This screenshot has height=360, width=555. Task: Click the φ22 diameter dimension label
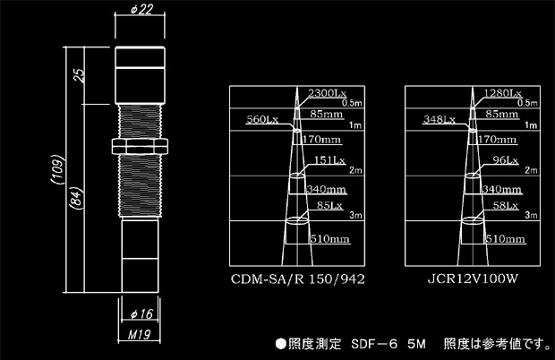(142, 10)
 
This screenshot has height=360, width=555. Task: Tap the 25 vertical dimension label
(80, 74)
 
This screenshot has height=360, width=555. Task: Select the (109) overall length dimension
(57, 169)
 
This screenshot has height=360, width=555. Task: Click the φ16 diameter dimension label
(141, 313)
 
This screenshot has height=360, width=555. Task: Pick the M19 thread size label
(139, 334)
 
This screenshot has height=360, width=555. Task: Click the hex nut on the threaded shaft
(140, 146)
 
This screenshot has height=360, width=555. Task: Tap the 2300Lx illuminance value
(328, 93)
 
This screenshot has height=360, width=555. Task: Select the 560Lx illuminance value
(262, 119)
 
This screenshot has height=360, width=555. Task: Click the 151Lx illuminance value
(329, 160)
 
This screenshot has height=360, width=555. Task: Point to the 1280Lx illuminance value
(502, 93)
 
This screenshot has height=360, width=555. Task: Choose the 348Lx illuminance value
(440, 119)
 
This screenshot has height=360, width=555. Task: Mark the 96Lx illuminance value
(506, 160)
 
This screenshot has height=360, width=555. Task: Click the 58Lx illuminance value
(506, 205)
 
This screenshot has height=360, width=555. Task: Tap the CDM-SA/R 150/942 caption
(298, 279)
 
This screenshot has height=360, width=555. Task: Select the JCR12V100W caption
(473, 279)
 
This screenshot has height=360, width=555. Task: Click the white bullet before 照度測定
(281, 344)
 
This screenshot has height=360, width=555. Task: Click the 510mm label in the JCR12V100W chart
(505, 239)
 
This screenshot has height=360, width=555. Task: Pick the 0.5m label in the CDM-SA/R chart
(352, 103)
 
